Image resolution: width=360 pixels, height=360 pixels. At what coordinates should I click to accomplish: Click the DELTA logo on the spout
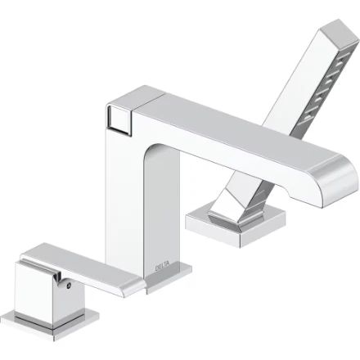(162, 266)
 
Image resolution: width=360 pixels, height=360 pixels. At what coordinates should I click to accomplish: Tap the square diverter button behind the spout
(119, 119)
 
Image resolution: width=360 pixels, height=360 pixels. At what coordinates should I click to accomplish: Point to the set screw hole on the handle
(69, 286)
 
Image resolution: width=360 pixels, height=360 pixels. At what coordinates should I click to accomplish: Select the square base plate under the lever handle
(49, 325)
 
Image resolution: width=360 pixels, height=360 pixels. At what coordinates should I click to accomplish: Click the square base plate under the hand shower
(235, 224)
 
